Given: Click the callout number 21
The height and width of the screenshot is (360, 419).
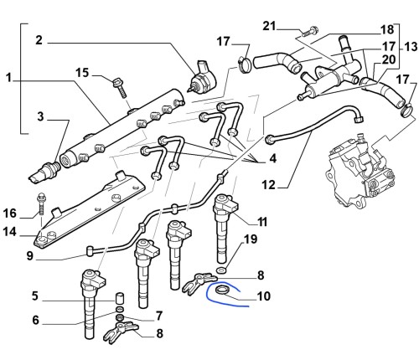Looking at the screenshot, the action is pos(269,26).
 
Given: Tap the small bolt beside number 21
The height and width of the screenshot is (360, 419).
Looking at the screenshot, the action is pos(310,31).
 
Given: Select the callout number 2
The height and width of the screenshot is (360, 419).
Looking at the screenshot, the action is pos(39,40).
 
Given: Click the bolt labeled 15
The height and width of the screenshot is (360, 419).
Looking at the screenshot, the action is pos(120,87).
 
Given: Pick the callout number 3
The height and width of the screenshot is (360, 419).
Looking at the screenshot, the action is pos(40,116).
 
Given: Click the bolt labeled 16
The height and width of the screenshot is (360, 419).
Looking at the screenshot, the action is pos(41,204).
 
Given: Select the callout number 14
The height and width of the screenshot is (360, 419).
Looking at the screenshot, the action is pos(10,231).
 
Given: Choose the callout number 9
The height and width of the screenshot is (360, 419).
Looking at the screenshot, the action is pos(30,255).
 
